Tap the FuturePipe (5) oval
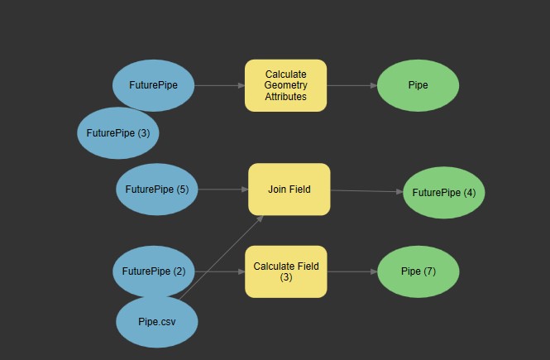coord(157,189)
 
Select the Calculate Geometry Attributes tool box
coord(285,85)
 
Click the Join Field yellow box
coord(289,190)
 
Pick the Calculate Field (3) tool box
coord(285,271)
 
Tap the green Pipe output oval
coord(418,84)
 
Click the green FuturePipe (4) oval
coord(444,193)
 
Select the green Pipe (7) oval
coord(418,271)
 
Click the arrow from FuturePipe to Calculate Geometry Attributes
coord(219,85)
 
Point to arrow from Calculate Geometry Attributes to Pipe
coord(352,85)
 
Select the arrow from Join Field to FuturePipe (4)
coord(366,191)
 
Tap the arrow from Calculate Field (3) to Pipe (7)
coord(352,271)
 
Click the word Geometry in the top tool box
coord(286,85)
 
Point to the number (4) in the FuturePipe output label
coord(469,193)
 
